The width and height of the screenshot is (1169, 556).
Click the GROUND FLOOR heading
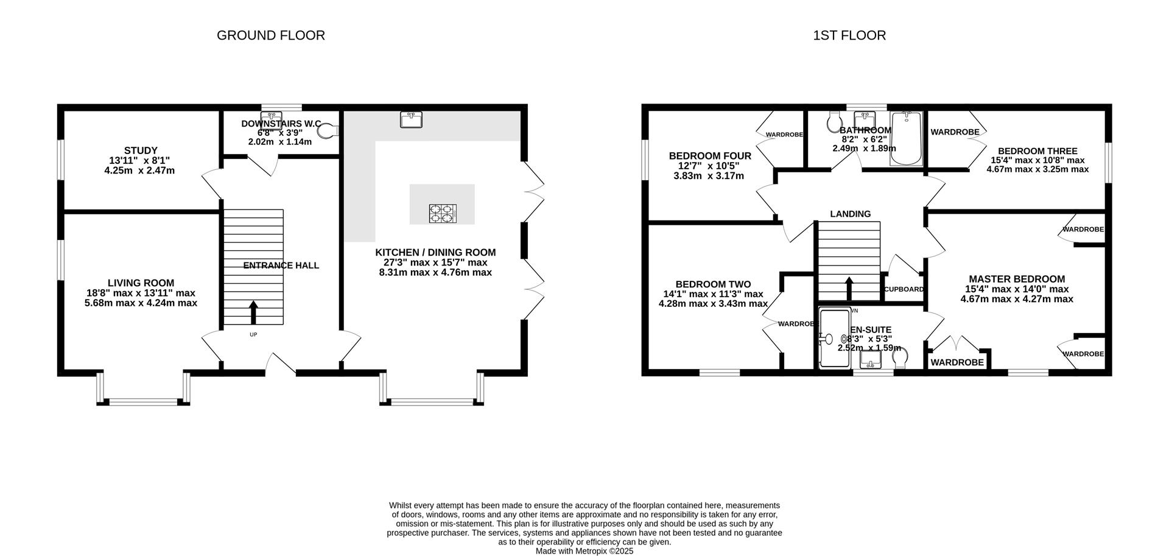tap(271, 35)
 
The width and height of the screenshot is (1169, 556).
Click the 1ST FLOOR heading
tap(849, 35)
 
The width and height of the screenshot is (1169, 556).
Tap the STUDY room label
tap(141, 150)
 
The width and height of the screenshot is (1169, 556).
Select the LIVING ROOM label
tap(141, 283)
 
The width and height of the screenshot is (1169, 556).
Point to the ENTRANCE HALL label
tap(281, 266)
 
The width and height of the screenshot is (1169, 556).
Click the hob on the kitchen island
tap(442, 213)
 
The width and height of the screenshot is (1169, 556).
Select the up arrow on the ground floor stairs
tap(253, 312)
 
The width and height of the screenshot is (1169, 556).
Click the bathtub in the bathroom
tap(906, 138)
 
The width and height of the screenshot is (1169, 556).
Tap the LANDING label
tap(851, 214)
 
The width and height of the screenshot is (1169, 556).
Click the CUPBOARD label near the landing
tap(904, 289)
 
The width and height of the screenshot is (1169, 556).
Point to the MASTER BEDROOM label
tap(1017, 279)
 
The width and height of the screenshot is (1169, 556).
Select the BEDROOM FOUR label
tap(710, 156)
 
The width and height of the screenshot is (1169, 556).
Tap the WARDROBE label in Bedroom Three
tap(955, 132)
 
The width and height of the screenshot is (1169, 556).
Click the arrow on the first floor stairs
tap(849, 289)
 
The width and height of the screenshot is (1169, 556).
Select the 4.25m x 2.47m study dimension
tap(139, 171)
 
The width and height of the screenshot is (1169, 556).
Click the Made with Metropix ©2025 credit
tap(584, 551)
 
